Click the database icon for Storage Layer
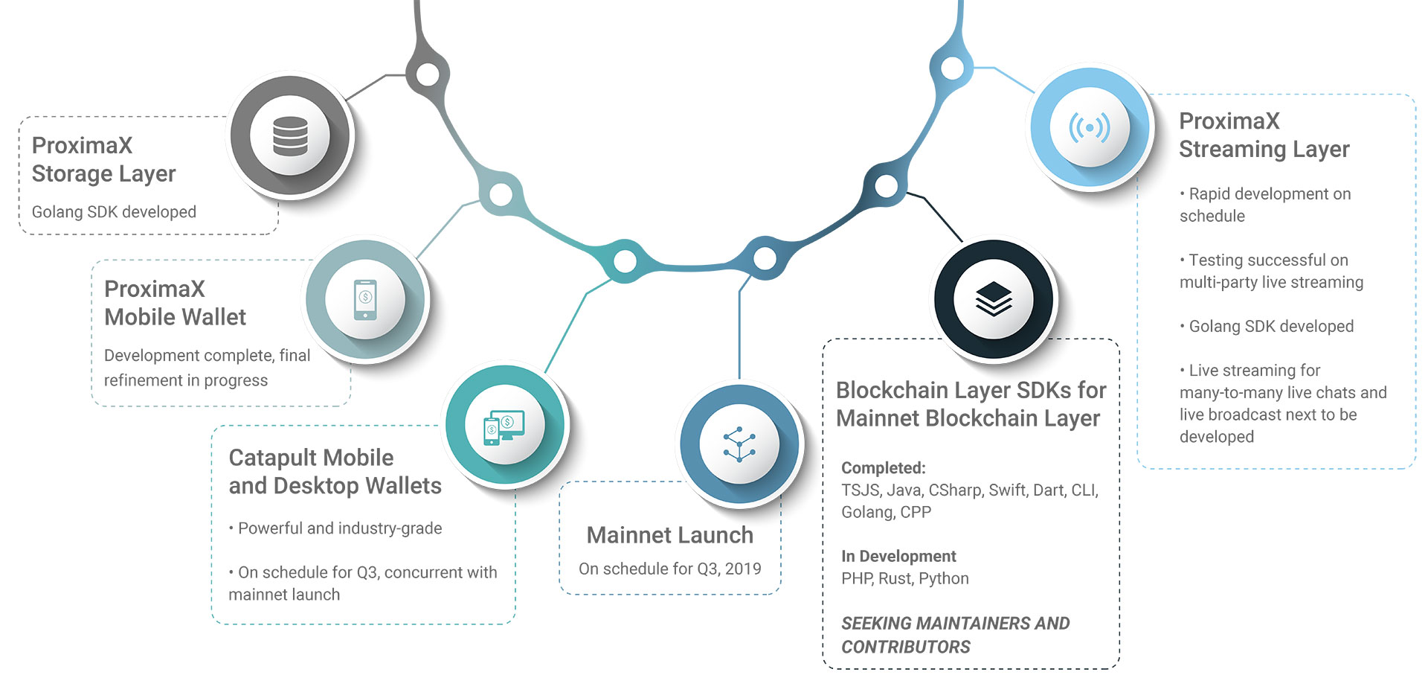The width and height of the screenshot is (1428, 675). pos(290,136)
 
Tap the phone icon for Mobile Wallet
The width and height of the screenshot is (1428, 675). pos(365,299)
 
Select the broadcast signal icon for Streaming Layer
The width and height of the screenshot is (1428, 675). pos(1090,127)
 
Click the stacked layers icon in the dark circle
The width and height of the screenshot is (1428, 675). pos(994,299)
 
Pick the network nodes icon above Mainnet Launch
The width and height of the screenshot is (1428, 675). pos(739,444)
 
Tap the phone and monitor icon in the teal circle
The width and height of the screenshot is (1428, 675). pos(504,426)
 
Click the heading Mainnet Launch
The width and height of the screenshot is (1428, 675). pos(669,535)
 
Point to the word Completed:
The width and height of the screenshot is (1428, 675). pos(883,468)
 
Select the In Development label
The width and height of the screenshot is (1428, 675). pos(898,556)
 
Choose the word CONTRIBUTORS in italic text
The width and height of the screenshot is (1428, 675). pos(905,647)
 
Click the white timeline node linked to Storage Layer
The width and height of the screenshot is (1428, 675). pos(428,74)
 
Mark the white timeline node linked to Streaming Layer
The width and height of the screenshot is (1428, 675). pos(952,68)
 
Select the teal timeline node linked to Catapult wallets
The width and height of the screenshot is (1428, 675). pos(625,260)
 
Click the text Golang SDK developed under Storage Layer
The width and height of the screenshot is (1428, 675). pos(114,212)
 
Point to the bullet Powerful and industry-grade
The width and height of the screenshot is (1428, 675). pos(339,528)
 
